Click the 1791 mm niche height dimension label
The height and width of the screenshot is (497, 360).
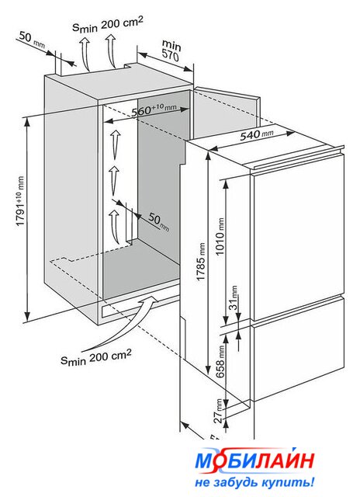tap(20, 200)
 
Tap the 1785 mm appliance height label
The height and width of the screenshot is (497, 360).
tap(201, 262)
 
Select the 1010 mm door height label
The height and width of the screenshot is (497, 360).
tap(220, 236)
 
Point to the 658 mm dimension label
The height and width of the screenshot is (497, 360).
tap(220, 361)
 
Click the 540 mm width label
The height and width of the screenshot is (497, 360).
tap(256, 134)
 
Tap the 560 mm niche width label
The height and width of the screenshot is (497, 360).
tap(154, 109)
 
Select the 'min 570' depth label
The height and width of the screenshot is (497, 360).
tap(171, 50)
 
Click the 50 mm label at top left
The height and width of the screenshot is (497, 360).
tap(32, 39)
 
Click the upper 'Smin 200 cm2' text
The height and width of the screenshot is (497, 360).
tap(108, 23)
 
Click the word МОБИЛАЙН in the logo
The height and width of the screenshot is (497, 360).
tap(255, 461)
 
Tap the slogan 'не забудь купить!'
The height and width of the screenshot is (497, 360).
tap(254, 482)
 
